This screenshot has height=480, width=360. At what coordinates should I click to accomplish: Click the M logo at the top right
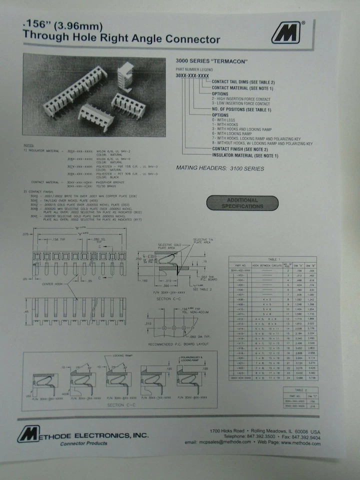286,32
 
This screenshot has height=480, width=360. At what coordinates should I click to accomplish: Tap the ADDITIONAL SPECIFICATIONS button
242,203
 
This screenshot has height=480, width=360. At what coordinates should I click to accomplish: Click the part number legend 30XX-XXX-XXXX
192,75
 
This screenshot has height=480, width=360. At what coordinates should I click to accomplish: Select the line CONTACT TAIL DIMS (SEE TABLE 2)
243,82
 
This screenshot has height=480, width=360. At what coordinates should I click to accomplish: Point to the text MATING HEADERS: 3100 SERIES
220,168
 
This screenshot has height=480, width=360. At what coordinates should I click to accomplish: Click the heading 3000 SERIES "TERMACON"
212,61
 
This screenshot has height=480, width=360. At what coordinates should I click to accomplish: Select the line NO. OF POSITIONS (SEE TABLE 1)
241,109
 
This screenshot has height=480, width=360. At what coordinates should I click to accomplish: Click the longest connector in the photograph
75,90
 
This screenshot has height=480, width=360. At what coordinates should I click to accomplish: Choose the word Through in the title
45,38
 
